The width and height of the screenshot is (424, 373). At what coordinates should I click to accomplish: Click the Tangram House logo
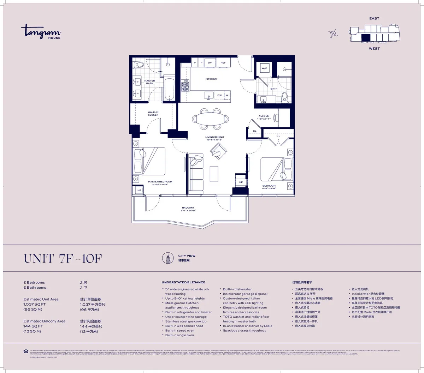41,31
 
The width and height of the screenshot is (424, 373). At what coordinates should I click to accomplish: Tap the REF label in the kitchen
223,63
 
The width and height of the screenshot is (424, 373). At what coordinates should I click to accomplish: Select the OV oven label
210,63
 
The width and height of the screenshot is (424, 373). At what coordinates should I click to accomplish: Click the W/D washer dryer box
264,68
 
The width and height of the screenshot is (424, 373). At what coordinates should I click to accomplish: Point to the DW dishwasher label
219,95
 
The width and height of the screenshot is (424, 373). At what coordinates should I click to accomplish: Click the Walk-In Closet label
153,114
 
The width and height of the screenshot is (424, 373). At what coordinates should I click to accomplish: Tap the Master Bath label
149,82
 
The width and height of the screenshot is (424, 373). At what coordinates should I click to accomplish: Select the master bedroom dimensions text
160,185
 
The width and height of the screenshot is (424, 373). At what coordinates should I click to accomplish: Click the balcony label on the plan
188,208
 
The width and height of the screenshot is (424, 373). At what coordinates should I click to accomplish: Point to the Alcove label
263,116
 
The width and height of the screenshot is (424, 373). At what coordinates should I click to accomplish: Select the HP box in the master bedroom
139,190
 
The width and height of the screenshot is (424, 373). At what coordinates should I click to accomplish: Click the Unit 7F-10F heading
63,259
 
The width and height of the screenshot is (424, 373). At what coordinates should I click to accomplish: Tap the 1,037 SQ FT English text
35,304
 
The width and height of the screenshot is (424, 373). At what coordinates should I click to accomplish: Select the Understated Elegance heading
183,282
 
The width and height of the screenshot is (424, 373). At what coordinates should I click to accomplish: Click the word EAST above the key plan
374,18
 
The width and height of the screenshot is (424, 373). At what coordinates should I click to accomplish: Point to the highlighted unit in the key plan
366,38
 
